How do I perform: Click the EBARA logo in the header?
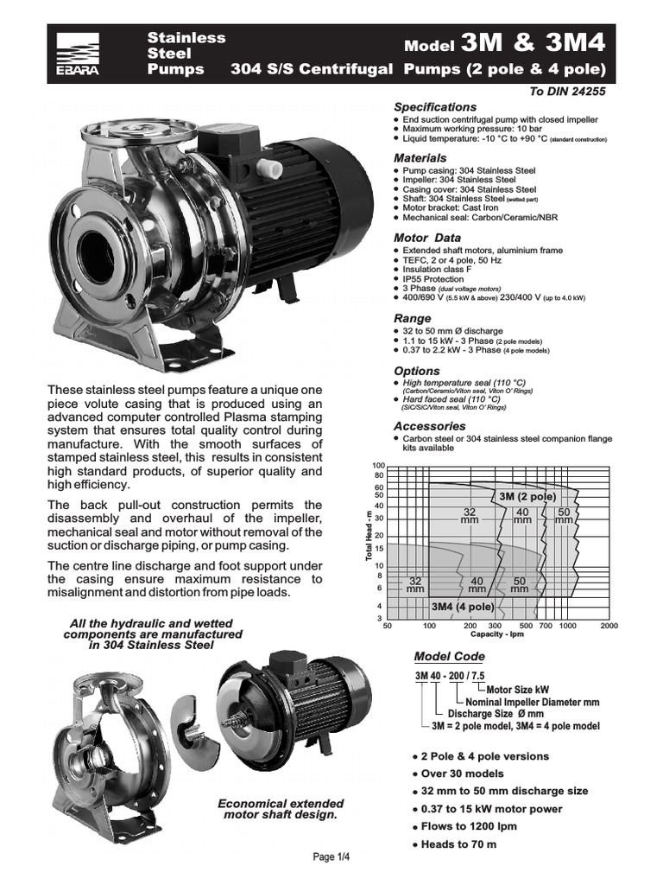77,54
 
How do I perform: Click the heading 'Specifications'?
435,106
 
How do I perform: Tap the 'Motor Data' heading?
427,238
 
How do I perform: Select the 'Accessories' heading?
429,426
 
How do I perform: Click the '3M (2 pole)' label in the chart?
527,497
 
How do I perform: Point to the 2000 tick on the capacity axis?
609,626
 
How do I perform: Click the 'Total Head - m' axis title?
369,541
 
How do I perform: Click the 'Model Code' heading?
450,657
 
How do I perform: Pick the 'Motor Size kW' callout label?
518,690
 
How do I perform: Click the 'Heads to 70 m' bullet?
458,844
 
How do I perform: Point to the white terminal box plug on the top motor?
269,167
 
